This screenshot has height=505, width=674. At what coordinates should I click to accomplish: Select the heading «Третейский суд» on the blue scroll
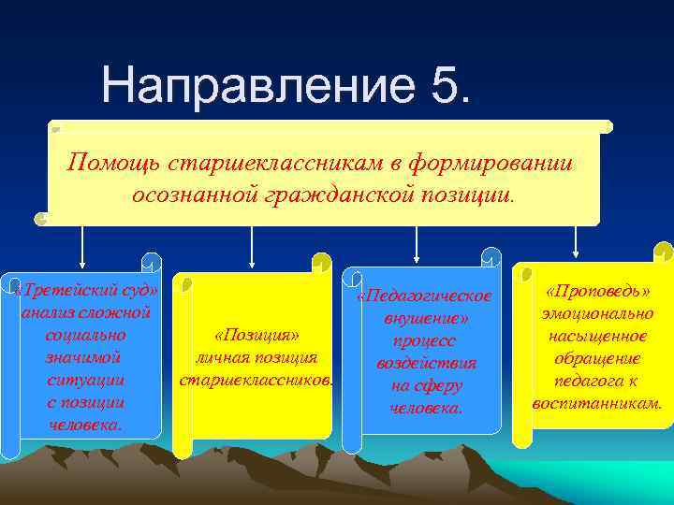[x=88, y=289]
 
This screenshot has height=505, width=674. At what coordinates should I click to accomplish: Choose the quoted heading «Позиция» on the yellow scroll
[x=256, y=336]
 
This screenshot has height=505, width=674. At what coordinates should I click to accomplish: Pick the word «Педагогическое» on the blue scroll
[x=425, y=297]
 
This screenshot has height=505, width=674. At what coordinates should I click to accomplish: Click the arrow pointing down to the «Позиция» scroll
[x=250, y=245]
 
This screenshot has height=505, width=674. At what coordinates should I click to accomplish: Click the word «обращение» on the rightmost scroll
[x=597, y=359]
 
